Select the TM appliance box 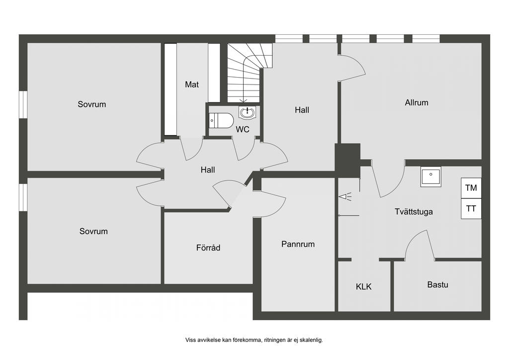click(x=471, y=188)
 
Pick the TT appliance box click(x=471, y=209)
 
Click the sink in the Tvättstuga click(x=430, y=177)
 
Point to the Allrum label click(x=417, y=102)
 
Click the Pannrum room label click(x=298, y=244)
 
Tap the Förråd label click(x=208, y=247)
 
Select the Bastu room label click(x=437, y=284)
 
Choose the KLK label click(x=363, y=286)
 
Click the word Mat click(x=192, y=85)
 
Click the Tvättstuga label click(x=414, y=211)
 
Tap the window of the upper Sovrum click(x=23, y=104)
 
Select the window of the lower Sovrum click(x=23, y=197)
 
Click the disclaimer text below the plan click(x=254, y=340)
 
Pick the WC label click(x=243, y=130)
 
